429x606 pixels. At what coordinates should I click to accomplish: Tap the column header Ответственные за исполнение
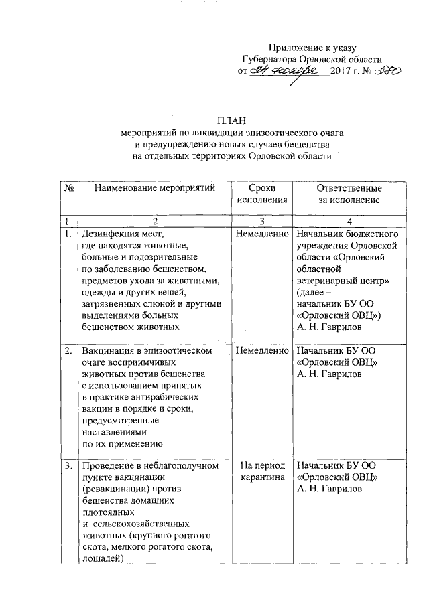tap(349, 194)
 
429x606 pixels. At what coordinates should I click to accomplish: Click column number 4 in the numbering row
tap(349, 222)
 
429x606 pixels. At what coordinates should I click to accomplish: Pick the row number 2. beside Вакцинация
tap(68, 350)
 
